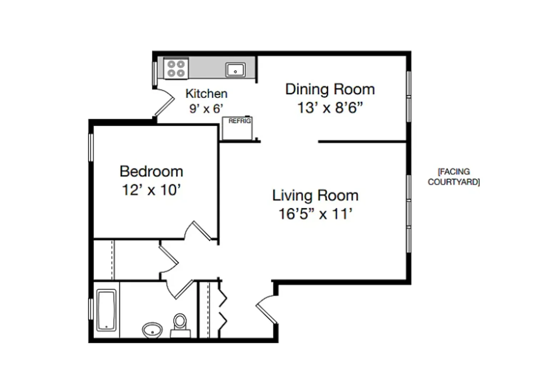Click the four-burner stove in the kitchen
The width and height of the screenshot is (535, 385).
pos(176,68)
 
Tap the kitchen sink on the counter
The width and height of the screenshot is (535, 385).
pos(235,70)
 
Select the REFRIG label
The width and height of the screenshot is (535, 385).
pos(240,121)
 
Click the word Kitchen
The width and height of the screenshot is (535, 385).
pos(206,93)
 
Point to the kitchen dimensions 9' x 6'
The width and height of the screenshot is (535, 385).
pos(206,109)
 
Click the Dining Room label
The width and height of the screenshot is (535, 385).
pos(330,89)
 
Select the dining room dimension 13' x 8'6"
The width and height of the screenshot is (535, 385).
pos(330,108)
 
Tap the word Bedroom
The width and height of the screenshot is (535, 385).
pos(151,171)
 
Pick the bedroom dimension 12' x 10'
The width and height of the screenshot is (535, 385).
pos(151,190)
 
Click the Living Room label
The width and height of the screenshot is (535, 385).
pos(315,195)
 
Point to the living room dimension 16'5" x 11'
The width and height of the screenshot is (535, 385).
pos(315,214)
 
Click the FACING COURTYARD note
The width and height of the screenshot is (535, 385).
pos(454,177)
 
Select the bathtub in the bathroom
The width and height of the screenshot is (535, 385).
pos(106,310)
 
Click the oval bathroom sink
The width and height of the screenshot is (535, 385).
pos(152,330)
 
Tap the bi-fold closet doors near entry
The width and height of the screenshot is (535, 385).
pos(222,309)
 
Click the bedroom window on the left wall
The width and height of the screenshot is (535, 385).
pos(91,148)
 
